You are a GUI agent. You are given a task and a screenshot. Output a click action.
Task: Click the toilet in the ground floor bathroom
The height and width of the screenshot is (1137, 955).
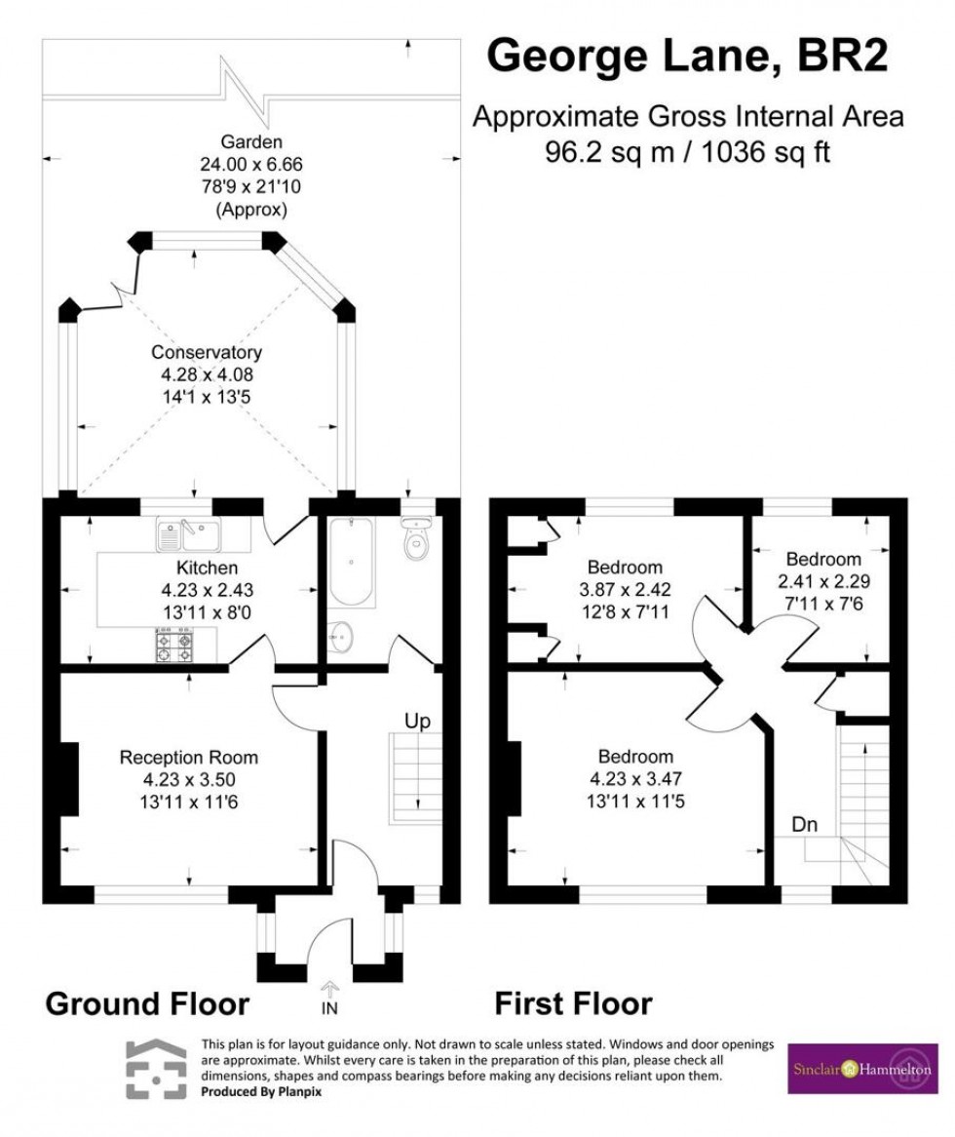pos(419,539)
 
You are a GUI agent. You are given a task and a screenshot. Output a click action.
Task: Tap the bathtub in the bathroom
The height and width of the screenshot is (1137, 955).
pos(349,563)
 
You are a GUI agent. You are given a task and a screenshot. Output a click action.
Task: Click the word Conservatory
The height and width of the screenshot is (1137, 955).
pos(206,352)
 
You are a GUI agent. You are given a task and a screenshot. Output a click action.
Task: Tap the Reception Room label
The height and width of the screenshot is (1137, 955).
pos(188,757)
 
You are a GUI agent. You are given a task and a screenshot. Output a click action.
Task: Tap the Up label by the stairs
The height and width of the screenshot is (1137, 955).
pos(418,722)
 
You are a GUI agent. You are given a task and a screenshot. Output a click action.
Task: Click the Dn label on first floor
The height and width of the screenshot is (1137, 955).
pos(804,825)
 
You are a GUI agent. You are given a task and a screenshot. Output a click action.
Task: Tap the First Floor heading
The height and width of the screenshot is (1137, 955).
pos(574,1002)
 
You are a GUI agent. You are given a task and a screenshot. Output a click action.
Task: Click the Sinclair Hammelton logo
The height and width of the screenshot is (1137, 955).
pos(849,1068)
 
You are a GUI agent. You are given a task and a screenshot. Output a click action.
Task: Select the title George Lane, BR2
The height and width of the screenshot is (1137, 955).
pos(687,56)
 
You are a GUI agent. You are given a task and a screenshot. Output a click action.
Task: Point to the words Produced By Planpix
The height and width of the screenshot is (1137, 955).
pos(261,1092)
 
